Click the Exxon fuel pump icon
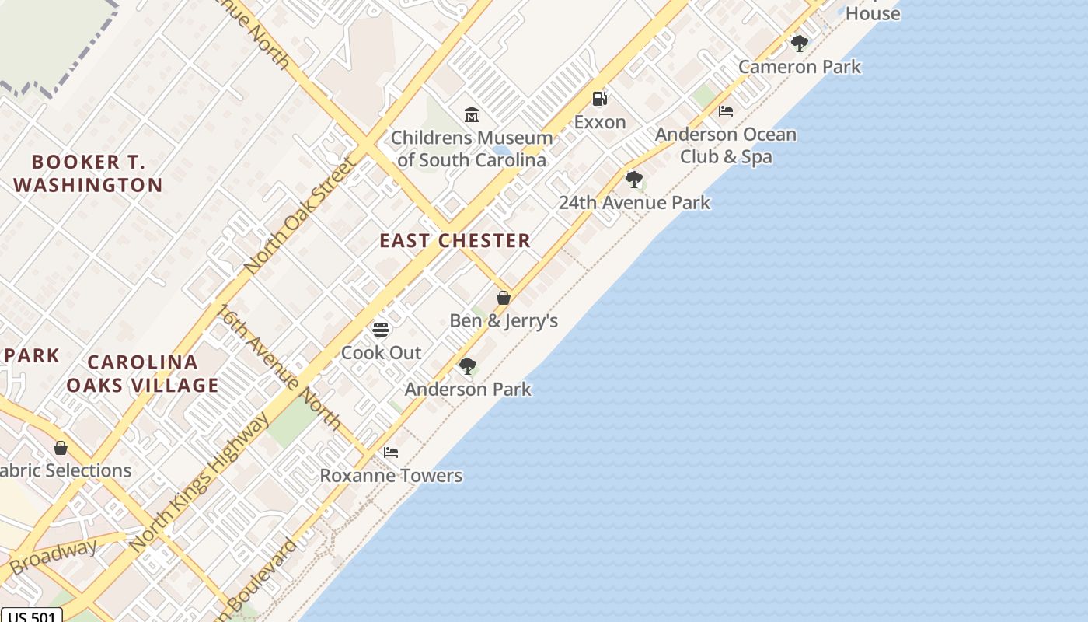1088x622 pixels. tap(599, 99)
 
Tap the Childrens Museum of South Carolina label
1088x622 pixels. tap(472, 149)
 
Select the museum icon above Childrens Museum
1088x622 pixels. tap(472, 116)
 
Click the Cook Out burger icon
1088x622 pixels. tap(381, 330)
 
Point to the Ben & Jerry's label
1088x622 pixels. tap(504, 320)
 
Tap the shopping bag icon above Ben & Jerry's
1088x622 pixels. tap(504, 298)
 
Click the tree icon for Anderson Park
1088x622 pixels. tap(467, 366)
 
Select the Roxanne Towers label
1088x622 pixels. tap(391, 475)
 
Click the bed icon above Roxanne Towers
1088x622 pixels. tap(391, 453)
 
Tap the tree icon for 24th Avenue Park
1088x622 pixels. tap(634, 180)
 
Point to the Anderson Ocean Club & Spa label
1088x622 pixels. tap(726, 145)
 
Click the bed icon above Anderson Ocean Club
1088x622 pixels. tap(726, 111)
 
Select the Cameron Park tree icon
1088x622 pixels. tap(799, 44)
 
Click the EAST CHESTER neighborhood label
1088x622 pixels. tap(455, 241)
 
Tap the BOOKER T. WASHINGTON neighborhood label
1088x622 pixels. tap(88, 173)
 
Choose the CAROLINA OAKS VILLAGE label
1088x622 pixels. tap(143, 373)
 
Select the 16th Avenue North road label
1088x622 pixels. tap(279, 367)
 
